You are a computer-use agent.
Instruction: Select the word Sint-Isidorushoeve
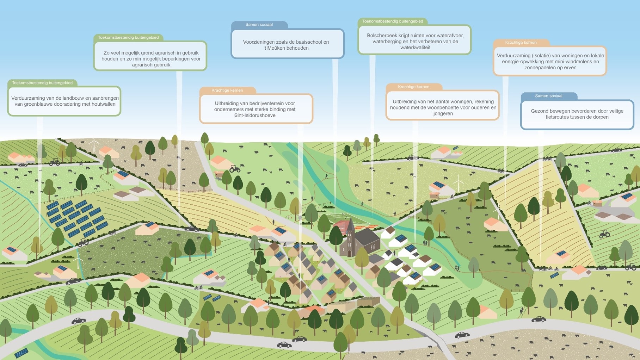pos(255,116)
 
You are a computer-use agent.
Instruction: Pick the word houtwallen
pos(104,104)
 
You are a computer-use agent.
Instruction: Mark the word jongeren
pos(443,114)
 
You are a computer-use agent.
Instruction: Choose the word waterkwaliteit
pos(415,48)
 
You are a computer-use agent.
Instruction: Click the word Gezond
pos(539,111)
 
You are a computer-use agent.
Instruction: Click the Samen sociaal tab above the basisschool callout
pos(259,25)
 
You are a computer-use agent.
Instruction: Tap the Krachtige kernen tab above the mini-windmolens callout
pos(521,43)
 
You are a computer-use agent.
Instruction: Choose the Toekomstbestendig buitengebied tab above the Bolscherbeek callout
pos(393,21)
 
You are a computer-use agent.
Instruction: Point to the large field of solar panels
pos(76,218)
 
